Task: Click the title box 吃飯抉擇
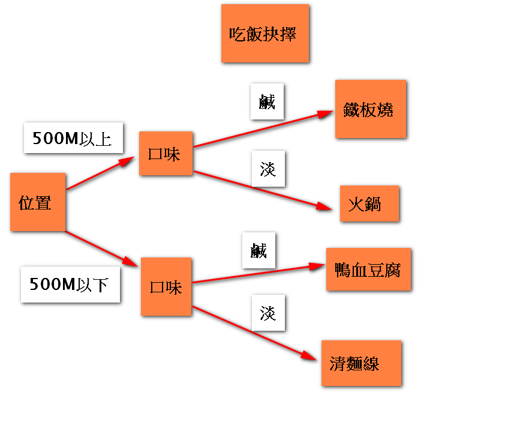(264, 34)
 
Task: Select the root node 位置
(37, 202)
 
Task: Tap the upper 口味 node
(166, 154)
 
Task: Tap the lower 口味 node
(166, 287)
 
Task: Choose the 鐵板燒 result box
(371, 109)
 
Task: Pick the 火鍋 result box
(369, 204)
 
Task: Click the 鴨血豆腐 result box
(368, 270)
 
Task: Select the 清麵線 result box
(360, 363)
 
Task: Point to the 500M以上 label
(73, 139)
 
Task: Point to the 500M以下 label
(70, 285)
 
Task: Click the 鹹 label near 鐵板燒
(267, 102)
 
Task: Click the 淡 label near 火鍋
(268, 169)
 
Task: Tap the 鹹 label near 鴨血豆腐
(258, 250)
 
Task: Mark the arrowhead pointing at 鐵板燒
(326, 113)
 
